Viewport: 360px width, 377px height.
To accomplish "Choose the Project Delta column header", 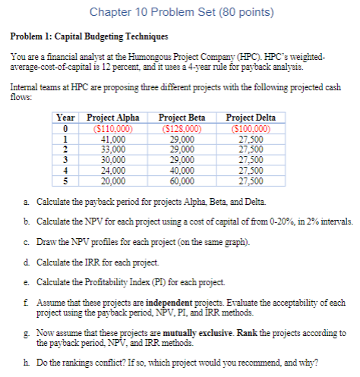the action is tap(250, 118).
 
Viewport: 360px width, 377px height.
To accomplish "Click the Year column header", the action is tap(66, 118).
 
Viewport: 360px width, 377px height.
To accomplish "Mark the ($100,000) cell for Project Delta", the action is tap(250, 127).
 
